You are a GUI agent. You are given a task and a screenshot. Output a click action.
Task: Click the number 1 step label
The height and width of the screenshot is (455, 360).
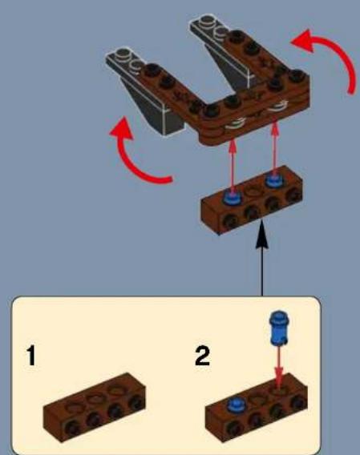[30, 356]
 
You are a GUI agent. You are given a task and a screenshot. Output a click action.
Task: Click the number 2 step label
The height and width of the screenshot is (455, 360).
[202, 356]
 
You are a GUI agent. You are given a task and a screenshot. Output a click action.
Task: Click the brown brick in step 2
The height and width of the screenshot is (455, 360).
[256, 409]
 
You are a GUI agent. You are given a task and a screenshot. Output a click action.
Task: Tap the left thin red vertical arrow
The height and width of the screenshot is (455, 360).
[233, 164]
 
